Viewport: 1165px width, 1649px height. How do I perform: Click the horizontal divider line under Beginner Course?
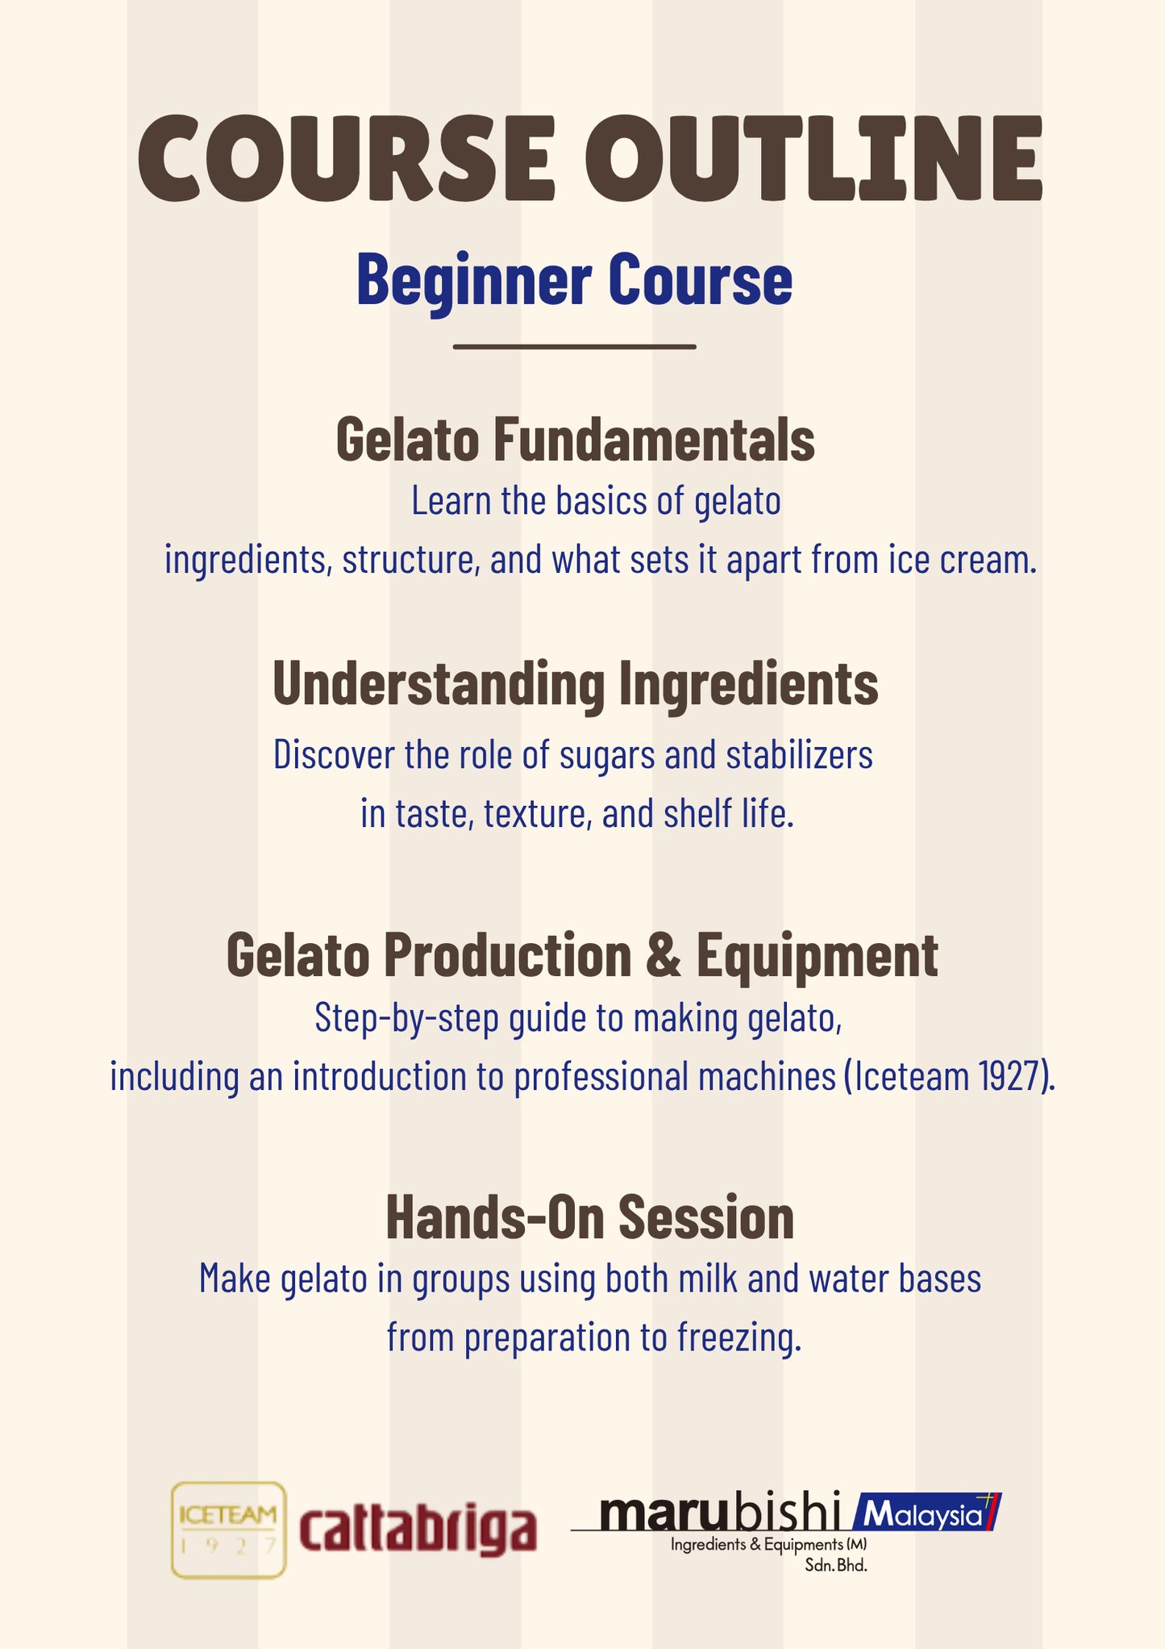[x=574, y=347]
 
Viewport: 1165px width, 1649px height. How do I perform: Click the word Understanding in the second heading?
[x=438, y=684]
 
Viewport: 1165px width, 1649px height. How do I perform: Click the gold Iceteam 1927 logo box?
[x=228, y=1530]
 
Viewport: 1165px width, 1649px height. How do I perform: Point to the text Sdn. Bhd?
[x=835, y=1567]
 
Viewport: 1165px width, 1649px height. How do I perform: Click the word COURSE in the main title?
[x=347, y=158]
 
